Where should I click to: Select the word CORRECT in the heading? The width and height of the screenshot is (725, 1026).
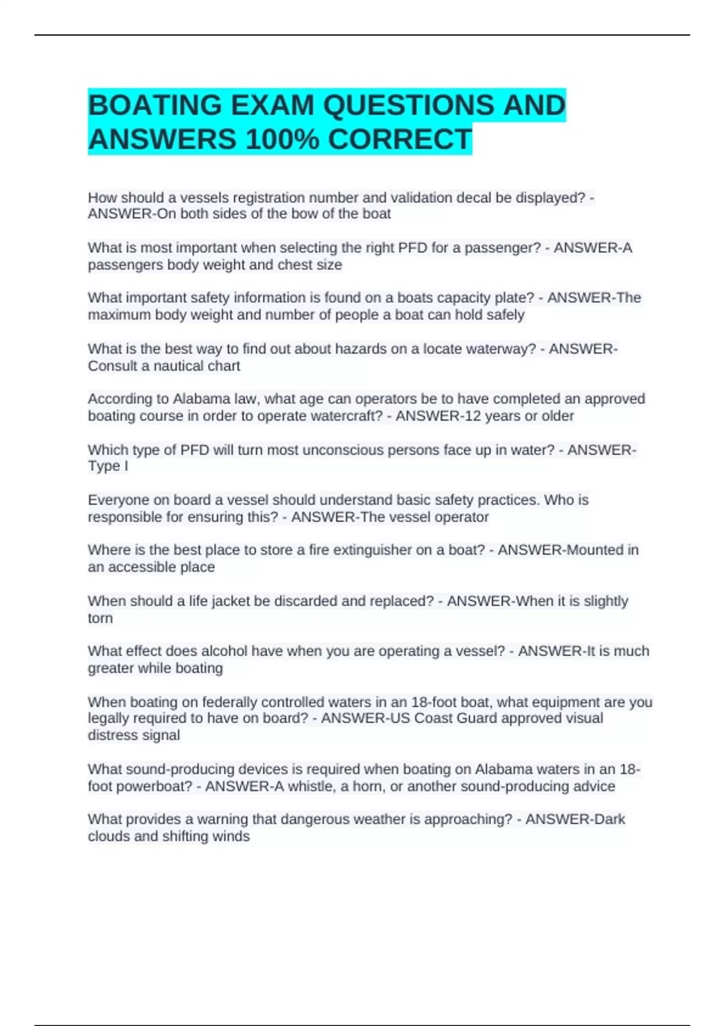(399, 140)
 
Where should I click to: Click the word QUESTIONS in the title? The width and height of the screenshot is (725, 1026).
(408, 106)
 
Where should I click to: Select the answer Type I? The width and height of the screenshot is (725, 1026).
(108, 466)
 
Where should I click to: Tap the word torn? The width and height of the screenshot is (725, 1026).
(100, 618)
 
